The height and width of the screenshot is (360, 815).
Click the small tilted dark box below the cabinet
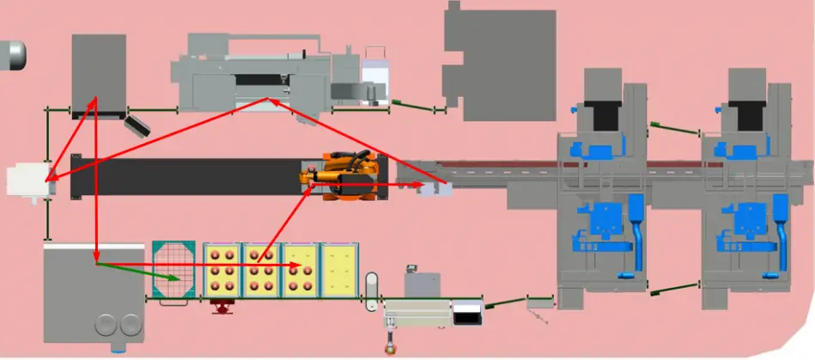tap(137, 125)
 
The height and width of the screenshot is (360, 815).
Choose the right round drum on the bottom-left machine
tap(130, 325)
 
